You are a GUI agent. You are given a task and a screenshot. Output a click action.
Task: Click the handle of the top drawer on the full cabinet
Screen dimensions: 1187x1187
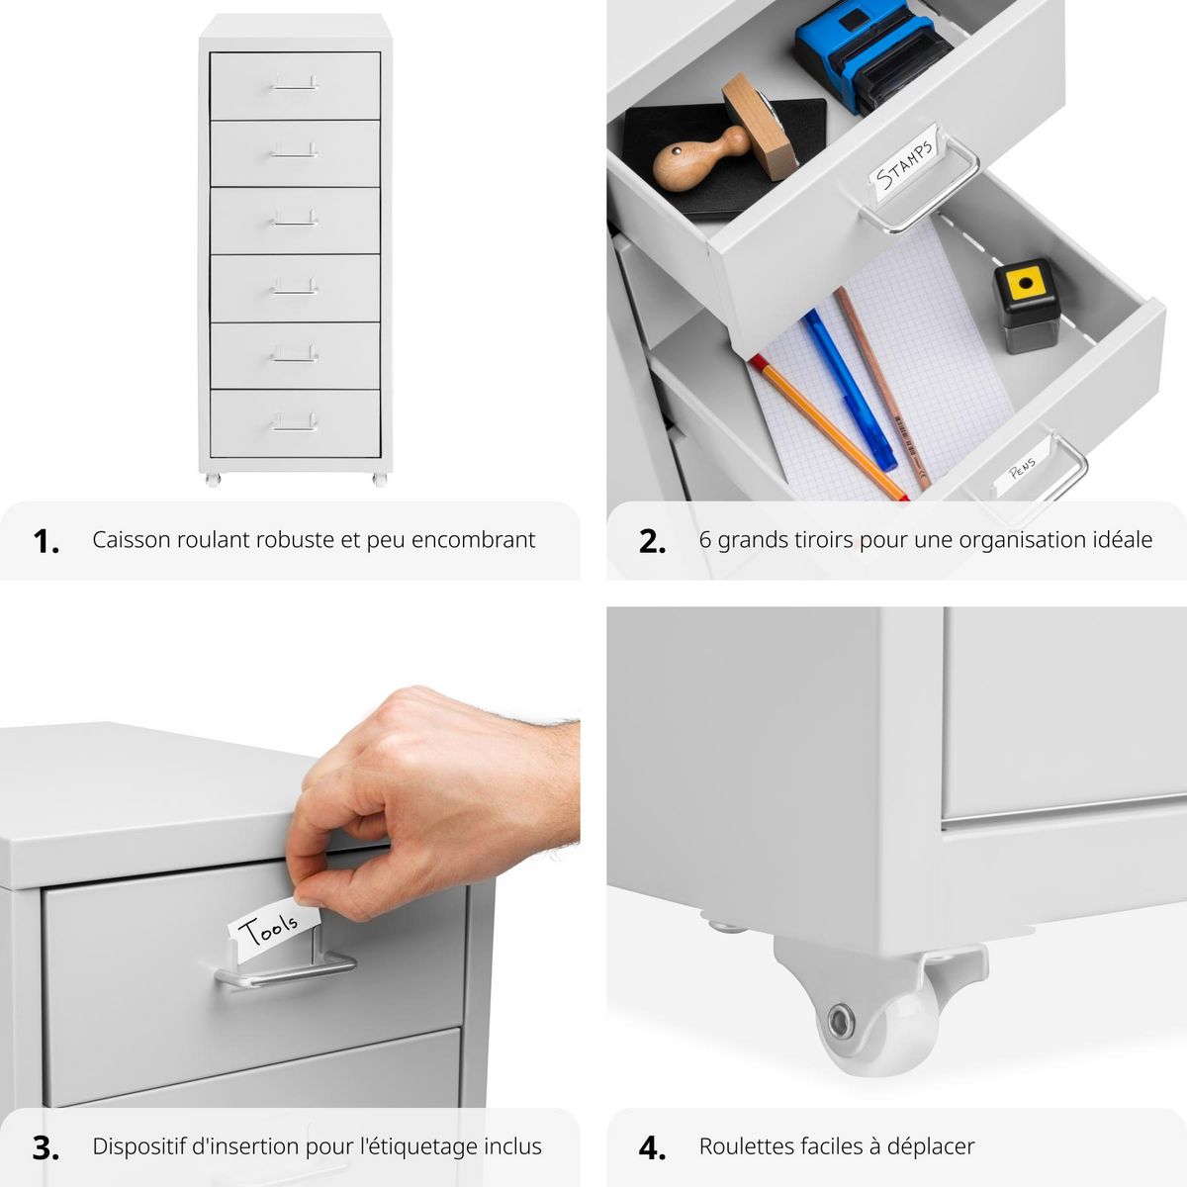pyautogui.click(x=295, y=85)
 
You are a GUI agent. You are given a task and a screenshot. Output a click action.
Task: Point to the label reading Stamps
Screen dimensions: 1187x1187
pyautogui.click(x=906, y=163)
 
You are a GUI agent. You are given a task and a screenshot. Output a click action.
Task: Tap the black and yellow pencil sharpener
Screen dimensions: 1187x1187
pyautogui.click(x=1023, y=305)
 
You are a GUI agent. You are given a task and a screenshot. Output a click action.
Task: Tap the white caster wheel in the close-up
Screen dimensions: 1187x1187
pyautogui.click(x=880, y=1029)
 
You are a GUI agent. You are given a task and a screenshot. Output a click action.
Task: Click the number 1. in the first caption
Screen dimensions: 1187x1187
pyautogui.click(x=46, y=541)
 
